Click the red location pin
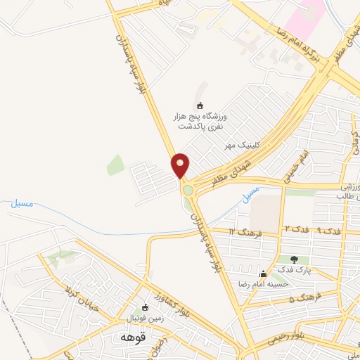click(181, 165)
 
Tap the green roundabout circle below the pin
click(188, 189)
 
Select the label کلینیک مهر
click(240, 145)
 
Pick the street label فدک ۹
click(329, 231)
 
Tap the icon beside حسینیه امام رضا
click(263, 274)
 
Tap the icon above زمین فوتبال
click(146, 307)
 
